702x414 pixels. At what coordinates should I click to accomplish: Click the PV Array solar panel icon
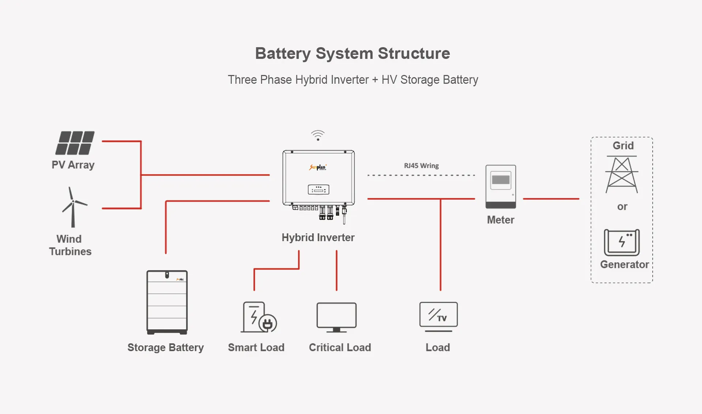(x=75, y=143)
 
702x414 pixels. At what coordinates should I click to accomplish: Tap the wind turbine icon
(x=73, y=207)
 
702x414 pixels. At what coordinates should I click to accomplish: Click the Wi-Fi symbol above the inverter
(x=318, y=135)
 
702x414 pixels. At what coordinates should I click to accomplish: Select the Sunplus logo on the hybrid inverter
(x=318, y=167)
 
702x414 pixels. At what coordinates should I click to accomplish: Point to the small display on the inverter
(x=318, y=189)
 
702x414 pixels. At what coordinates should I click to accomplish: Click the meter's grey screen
(x=501, y=180)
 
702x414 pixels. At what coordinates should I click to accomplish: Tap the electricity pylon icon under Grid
(x=622, y=175)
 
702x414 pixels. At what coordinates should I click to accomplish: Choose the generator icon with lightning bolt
(x=622, y=242)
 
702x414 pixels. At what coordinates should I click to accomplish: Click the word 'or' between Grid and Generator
(x=622, y=207)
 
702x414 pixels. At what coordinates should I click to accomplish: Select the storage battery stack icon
(x=167, y=302)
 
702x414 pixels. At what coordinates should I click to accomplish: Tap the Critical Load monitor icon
(x=336, y=317)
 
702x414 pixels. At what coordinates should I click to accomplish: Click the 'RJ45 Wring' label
(x=421, y=166)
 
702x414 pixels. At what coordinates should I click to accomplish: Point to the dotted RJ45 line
(x=420, y=175)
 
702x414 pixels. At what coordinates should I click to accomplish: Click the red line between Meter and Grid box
(x=551, y=199)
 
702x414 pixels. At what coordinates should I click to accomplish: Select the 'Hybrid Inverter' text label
(x=318, y=237)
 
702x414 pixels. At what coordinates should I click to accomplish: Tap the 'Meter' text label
(x=500, y=220)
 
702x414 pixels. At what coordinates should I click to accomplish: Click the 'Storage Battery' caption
(x=165, y=347)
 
